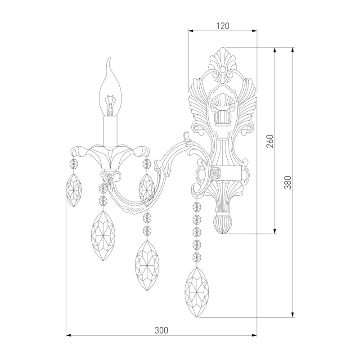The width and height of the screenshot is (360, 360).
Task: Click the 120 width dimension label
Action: (x=223, y=26)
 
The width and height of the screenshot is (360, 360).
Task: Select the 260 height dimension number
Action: (x=271, y=141)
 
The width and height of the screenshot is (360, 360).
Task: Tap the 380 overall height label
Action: (x=288, y=183)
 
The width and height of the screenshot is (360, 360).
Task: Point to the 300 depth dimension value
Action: (x=161, y=330)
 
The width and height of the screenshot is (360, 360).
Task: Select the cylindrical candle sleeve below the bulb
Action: (x=110, y=131)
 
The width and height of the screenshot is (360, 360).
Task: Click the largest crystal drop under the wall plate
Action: (x=197, y=292)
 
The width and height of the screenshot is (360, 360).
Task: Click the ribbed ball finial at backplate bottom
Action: (x=223, y=223)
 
